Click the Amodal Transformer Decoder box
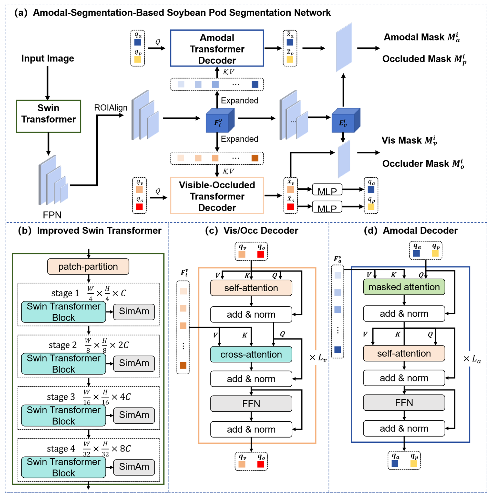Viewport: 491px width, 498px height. coord(217,48)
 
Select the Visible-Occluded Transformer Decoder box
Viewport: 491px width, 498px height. coord(217,196)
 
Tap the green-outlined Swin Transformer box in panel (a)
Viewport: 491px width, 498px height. coord(48,116)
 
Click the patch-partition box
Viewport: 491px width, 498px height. coord(88,267)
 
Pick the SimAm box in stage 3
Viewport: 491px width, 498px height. coord(134,415)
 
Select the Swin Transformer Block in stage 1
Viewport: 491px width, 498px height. coord(63,312)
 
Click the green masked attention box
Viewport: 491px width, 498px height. coord(404,287)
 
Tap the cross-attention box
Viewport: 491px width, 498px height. coord(251,354)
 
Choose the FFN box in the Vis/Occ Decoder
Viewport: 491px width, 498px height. coord(251,403)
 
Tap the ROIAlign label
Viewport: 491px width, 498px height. coord(111,107)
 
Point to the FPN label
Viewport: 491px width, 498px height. coord(52,215)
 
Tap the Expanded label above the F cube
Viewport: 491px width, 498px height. coord(239,100)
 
